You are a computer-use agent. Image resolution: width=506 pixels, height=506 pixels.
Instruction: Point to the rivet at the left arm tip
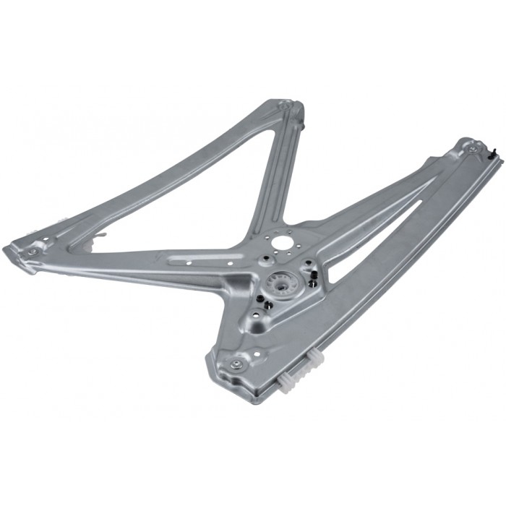tap(33, 252)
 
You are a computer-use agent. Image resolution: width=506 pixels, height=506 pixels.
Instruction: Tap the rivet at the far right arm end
tap(472, 150)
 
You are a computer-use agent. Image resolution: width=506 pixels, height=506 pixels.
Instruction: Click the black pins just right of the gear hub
tap(312, 279)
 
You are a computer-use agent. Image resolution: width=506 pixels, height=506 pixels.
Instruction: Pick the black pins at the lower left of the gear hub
tap(266, 304)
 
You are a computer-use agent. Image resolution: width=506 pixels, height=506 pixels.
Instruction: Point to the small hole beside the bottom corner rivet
tap(255, 355)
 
